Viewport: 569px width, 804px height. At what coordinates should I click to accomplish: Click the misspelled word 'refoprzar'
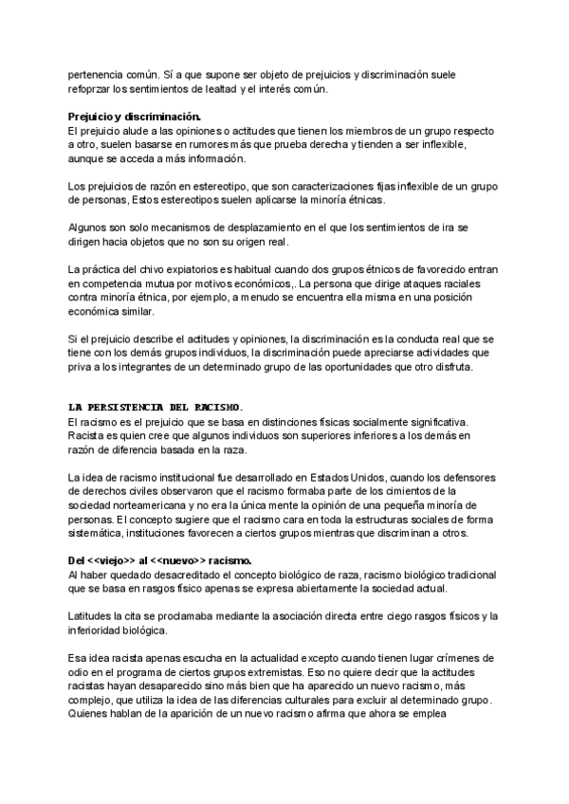91,90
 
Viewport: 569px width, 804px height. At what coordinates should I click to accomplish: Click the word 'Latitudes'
92,616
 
